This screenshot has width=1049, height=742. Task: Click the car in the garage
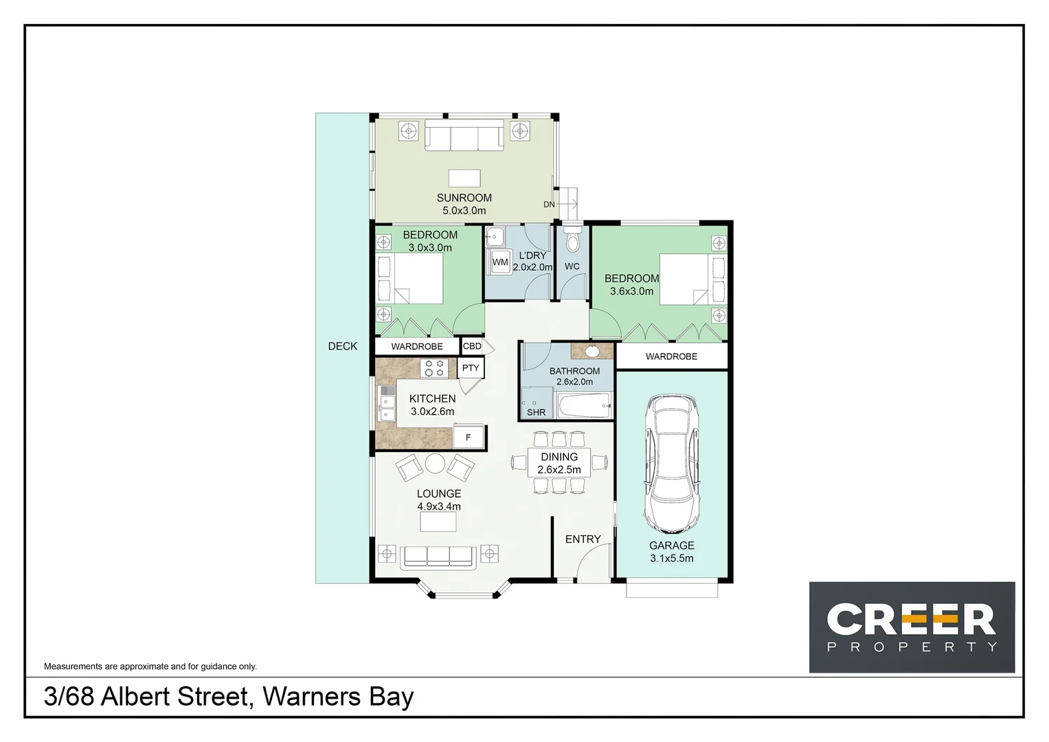672,464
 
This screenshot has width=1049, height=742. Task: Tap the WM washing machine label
500,262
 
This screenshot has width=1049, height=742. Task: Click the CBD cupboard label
472,346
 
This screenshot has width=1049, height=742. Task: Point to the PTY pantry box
471,368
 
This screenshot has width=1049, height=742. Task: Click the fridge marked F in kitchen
469,437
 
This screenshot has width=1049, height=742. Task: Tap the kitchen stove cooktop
434,368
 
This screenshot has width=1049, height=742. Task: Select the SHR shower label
536,412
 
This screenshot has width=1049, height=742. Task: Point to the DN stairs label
549,204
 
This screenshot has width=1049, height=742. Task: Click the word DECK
342,346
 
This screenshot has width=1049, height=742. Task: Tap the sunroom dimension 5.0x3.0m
464,211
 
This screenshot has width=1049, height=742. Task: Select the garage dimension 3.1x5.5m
671,559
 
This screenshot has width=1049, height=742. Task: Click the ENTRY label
583,539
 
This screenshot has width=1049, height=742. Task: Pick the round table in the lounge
435,464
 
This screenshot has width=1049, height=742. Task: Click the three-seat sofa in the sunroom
464,135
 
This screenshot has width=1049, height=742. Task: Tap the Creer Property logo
911,627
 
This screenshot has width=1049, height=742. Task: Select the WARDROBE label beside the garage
671,357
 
